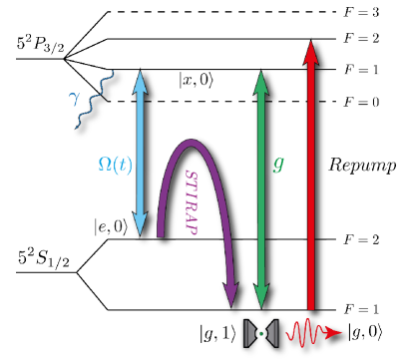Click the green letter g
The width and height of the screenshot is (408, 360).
[x=278, y=163]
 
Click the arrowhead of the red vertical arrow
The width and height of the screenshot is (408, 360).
[x=312, y=46]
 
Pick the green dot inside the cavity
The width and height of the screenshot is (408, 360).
[x=261, y=331]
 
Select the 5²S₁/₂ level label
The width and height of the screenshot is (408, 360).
[x=39, y=262]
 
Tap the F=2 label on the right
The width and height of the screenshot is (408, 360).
[x=356, y=239]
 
